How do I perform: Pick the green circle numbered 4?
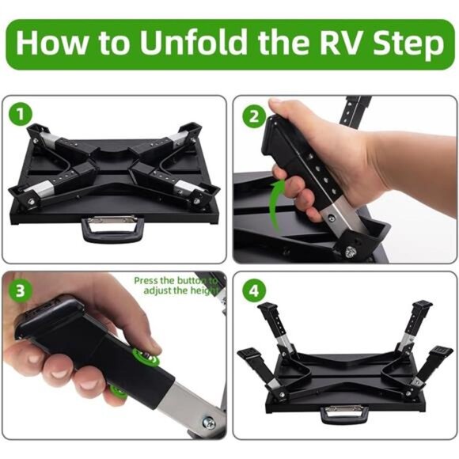pyautogui.click(x=252, y=290)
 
